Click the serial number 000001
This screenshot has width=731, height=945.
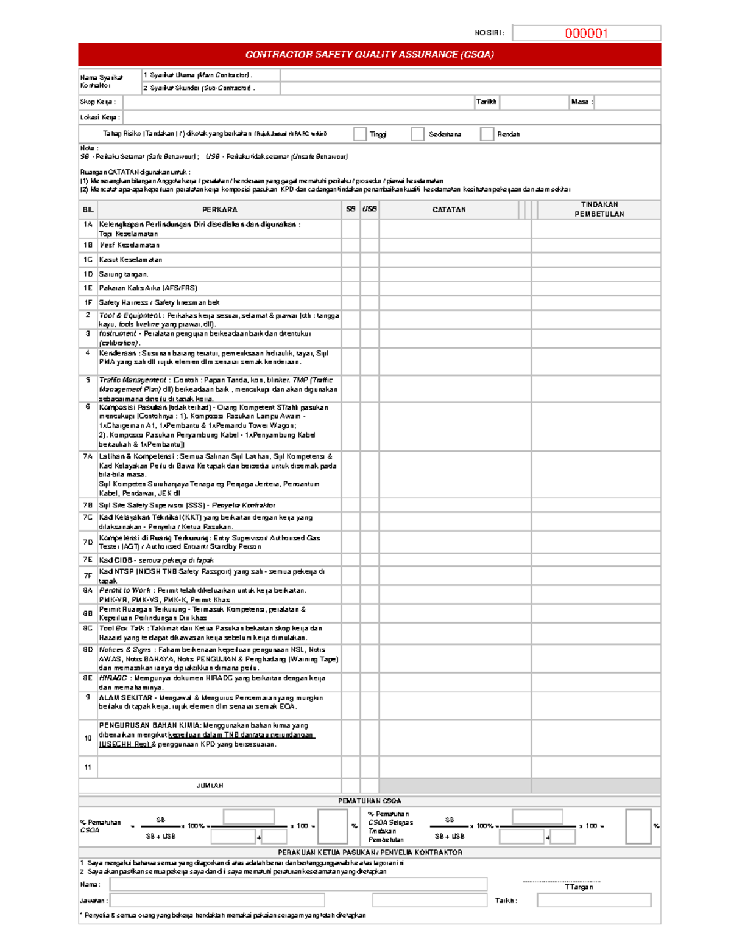click(x=586, y=33)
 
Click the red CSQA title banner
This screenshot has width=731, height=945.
click(x=369, y=54)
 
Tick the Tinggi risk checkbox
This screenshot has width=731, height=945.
click(x=360, y=134)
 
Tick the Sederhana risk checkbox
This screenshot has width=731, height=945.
click(x=417, y=134)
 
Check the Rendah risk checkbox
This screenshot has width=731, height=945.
click(x=487, y=134)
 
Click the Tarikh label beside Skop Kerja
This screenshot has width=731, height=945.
click(x=486, y=102)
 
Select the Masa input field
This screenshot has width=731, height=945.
click(x=627, y=102)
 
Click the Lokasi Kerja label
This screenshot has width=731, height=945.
click(x=100, y=117)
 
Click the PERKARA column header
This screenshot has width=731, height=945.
click(x=219, y=210)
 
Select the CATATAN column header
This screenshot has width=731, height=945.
click(x=449, y=210)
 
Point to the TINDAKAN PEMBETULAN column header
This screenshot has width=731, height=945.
click(x=599, y=209)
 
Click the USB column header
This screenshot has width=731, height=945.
click(x=370, y=209)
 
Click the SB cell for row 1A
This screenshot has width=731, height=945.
click(x=350, y=229)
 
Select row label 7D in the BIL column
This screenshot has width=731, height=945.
click(x=88, y=542)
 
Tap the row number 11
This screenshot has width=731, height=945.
click(x=88, y=767)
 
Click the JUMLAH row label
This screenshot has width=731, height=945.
click(x=210, y=786)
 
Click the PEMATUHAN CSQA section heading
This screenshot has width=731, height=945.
click(x=369, y=801)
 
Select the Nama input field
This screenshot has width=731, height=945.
click(x=298, y=884)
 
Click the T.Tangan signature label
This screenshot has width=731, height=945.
click(x=578, y=887)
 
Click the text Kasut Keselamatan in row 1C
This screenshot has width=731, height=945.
click(x=130, y=260)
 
